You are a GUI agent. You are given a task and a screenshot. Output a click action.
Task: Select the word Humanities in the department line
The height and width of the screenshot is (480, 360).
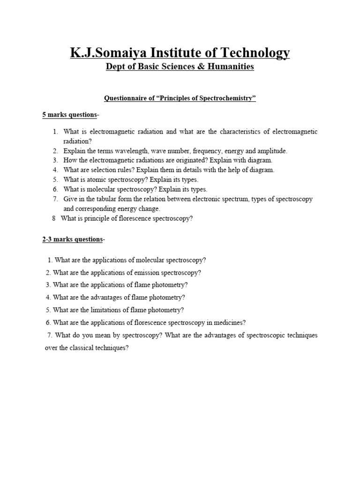(x=229, y=67)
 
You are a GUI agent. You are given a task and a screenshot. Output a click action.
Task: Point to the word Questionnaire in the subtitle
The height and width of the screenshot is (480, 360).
(x=125, y=98)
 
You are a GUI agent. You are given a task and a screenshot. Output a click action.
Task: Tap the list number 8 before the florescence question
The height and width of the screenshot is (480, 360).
(x=54, y=218)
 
